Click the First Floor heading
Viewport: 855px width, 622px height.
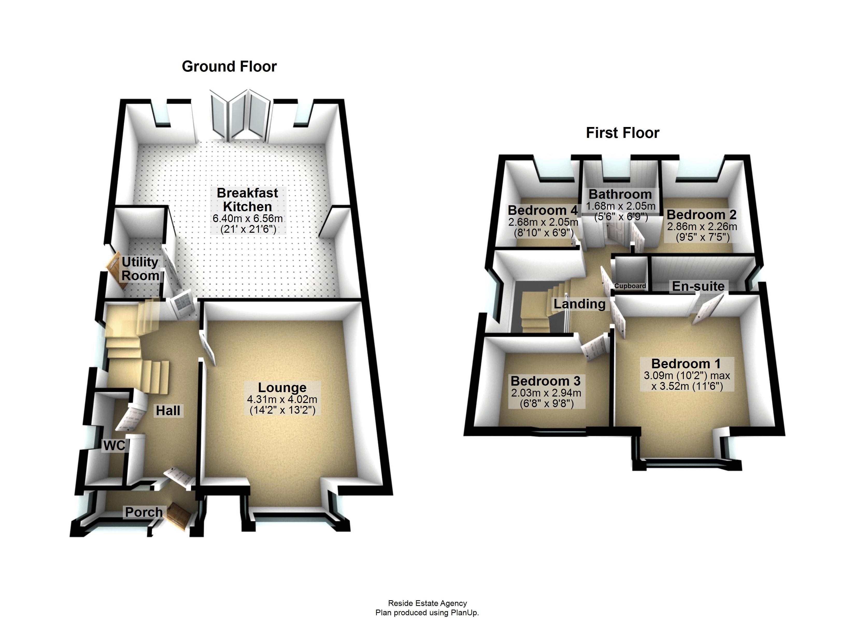pyautogui.click(x=622, y=133)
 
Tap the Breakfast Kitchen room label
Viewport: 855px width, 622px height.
pyautogui.click(x=247, y=200)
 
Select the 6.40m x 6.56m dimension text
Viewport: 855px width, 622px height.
pyautogui.click(x=247, y=218)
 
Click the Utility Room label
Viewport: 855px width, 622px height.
pyautogui.click(x=140, y=268)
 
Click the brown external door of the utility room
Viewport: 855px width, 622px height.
pyautogui.click(x=117, y=271)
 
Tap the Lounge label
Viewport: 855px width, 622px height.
pyautogui.click(x=282, y=387)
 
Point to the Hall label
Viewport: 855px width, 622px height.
pyautogui.click(x=168, y=411)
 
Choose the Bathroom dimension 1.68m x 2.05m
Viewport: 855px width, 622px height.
pyautogui.click(x=621, y=206)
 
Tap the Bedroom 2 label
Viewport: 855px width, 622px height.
pyautogui.click(x=701, y=215)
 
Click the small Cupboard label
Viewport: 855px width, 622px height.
pyautogui.click(x=630, y=286)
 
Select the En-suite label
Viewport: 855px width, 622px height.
pyautogui.click(x=698, y=286)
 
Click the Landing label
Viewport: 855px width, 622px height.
pyautogui.click(x=579, y=304)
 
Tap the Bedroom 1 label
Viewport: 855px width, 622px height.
pyautogui.click(x=686, y=364)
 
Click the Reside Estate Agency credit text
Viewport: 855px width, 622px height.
pyautogui.click(x=427, y=603)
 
